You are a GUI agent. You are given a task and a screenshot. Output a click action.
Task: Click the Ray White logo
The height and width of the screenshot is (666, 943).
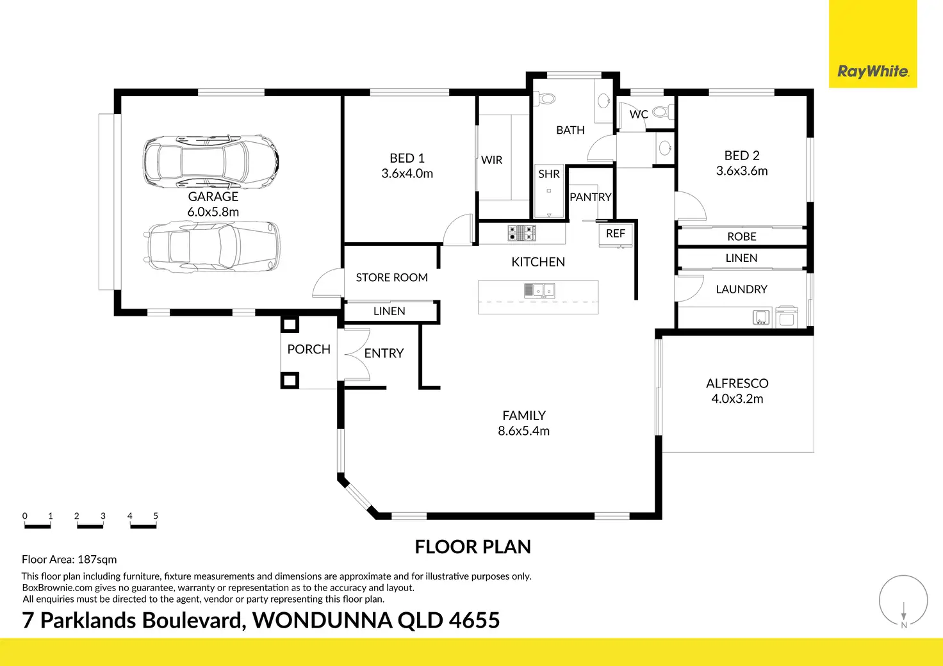(873, 71)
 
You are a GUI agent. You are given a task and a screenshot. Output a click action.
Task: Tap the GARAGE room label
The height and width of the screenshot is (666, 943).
(213, 197)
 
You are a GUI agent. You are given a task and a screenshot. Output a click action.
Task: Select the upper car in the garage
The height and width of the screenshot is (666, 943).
(211, 161)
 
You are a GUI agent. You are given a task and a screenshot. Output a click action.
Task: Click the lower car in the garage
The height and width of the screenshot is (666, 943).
(211, 246)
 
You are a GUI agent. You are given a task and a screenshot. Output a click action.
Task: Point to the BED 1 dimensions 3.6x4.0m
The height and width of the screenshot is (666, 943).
(407, 174)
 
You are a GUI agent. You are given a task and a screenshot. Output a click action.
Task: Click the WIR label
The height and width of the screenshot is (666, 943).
(492, 160)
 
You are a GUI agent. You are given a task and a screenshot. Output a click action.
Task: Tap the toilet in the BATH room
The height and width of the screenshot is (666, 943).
(546, 99)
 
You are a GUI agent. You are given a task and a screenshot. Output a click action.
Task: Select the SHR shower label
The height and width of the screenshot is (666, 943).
(549, 174)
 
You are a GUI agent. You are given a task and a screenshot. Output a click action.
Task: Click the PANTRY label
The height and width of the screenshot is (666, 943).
(591, 197)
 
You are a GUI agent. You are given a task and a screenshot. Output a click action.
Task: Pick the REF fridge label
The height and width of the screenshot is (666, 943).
(616, 234)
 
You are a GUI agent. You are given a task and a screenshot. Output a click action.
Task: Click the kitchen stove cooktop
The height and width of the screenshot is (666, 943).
(521, 233)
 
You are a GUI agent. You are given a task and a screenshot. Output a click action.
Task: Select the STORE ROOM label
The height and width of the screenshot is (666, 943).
(391, 277)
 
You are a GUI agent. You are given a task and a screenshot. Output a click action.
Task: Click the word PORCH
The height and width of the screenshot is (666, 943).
(309, 349)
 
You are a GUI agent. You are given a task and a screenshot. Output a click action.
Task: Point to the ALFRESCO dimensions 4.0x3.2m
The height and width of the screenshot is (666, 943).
(737, 399)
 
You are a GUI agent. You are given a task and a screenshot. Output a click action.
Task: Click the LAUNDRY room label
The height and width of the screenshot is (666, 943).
(741, 289)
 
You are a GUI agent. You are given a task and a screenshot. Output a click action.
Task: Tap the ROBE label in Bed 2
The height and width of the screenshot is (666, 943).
(742, 237)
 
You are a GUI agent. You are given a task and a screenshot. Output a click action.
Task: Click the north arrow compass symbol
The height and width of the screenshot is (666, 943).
(903, 601)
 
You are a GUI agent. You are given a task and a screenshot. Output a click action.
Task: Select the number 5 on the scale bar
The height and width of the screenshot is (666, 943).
(156, 516)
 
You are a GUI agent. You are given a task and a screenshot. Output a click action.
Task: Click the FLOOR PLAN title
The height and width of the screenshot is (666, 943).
(473, 547)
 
